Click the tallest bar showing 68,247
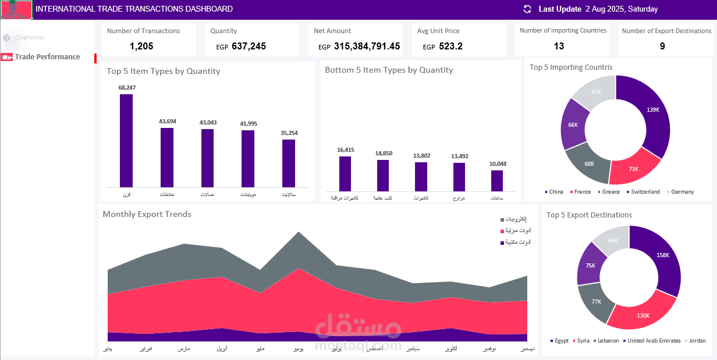coord(126,140)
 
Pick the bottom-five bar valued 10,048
coord(497,180)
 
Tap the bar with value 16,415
coord(345,173)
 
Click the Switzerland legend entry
coord(643,192)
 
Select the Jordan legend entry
coord(697,341)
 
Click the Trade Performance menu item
coord(47,57)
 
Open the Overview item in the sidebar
coord(29,37)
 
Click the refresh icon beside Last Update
coord(528,9)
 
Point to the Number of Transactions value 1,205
coord(141,47)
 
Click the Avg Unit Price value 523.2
coord(451,47)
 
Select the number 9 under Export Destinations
coord(662,47)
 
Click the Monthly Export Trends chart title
coord(147,215)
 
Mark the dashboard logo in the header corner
coord(16,10)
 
